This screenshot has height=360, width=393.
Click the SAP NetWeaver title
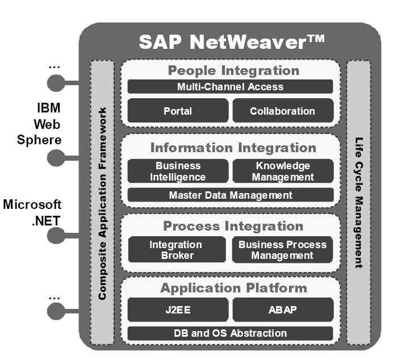click(x=232, y=42)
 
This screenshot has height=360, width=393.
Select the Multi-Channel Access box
click(x=230, y=87)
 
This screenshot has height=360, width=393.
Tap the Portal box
click(x=178, y=111)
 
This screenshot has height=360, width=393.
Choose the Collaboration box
click(x=282, y=111)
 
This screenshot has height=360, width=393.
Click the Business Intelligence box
click(x=178, y=171)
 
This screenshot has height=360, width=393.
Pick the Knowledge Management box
click(x=283, y=171)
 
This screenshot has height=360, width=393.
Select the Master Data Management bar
click(x=230, y=195)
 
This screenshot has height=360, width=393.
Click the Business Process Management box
click(x=282, y=250)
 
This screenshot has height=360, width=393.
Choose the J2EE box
click(x=178, y=310)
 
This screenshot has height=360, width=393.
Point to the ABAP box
click(x=282, y=310)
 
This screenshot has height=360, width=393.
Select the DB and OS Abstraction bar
click(x=230, y=333)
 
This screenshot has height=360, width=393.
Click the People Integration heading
click(x=233, y=71)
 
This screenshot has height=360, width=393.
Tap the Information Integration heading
click(x=233, y=148)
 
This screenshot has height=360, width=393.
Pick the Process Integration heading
click(x=233, y=227)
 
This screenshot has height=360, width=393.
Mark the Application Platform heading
click(x=233, y=288)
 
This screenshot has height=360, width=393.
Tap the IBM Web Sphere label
click(x=48, y=124)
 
